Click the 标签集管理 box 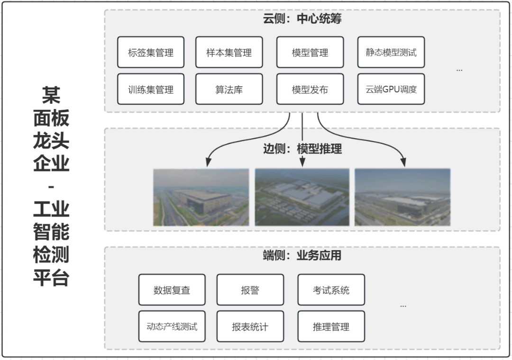point(151,52)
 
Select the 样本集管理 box point(229,52)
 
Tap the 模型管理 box point(310,52)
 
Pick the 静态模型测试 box point(391,52)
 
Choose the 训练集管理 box point(151,89)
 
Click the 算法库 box point(229,89)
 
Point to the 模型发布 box point(310,89)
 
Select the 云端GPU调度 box point(391,89)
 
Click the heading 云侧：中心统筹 point(302,19)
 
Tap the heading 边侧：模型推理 point(302,149)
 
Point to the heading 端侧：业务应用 point(302,256)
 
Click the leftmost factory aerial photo point(201,197)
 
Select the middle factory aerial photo point(302,197)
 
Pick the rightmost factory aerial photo point(402,197)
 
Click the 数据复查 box point(172,290)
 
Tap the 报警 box point(250,290)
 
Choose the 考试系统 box point(331,290)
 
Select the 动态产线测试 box point(172,326)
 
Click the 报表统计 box point(250,326)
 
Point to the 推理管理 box point(331,326)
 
